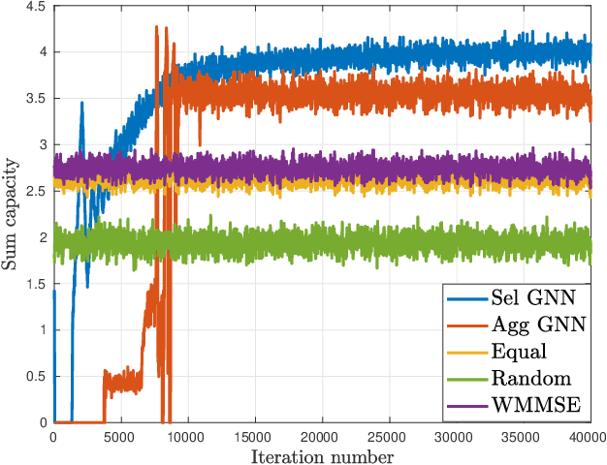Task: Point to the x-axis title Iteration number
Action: pos(322,455)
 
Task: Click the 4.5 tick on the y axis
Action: pos(36,7)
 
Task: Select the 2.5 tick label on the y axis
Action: pos(36,192)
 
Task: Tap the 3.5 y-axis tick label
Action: pos(36,99)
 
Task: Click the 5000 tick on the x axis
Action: pos(120,436)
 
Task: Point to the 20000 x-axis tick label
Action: pos(322,436)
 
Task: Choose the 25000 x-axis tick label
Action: pos(390,436)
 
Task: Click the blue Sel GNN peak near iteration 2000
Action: pos(81,103)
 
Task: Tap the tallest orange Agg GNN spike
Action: pos(156,27)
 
